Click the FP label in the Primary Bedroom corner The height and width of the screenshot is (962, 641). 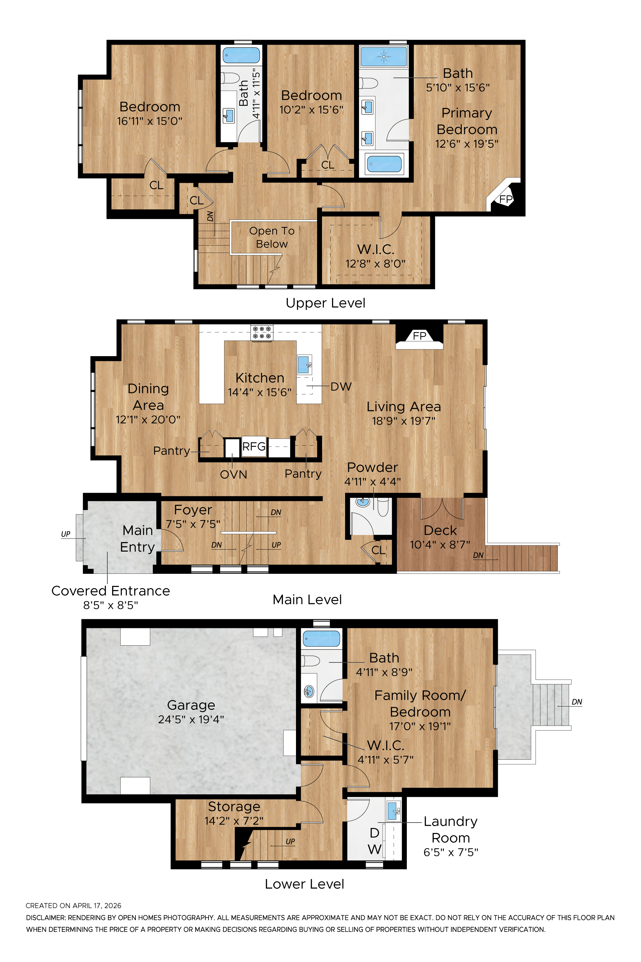(506, 199)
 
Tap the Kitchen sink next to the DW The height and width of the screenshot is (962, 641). (304, 365)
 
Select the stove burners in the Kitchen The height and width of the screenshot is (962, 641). (262, 332)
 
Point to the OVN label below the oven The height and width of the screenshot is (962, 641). (234, 474)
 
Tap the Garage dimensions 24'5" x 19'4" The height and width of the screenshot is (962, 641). (191, 719)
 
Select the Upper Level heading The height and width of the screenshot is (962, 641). (325, 303)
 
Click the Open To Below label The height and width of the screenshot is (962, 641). (272, 237)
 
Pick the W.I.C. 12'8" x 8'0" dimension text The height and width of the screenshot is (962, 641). (375, 264)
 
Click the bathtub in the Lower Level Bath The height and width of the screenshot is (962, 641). (321, 639)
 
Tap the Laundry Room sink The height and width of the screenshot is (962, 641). (394, 810)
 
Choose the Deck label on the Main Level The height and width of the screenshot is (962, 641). (440, 531)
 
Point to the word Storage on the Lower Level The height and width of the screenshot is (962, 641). (234, 806)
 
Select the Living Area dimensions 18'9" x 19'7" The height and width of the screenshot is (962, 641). (404, 421)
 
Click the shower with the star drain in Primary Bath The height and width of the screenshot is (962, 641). (384, 56)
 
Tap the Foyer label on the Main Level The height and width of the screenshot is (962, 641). (193, 510)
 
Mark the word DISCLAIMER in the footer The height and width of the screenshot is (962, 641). (45, 918)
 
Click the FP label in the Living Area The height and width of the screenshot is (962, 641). (419, 336)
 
